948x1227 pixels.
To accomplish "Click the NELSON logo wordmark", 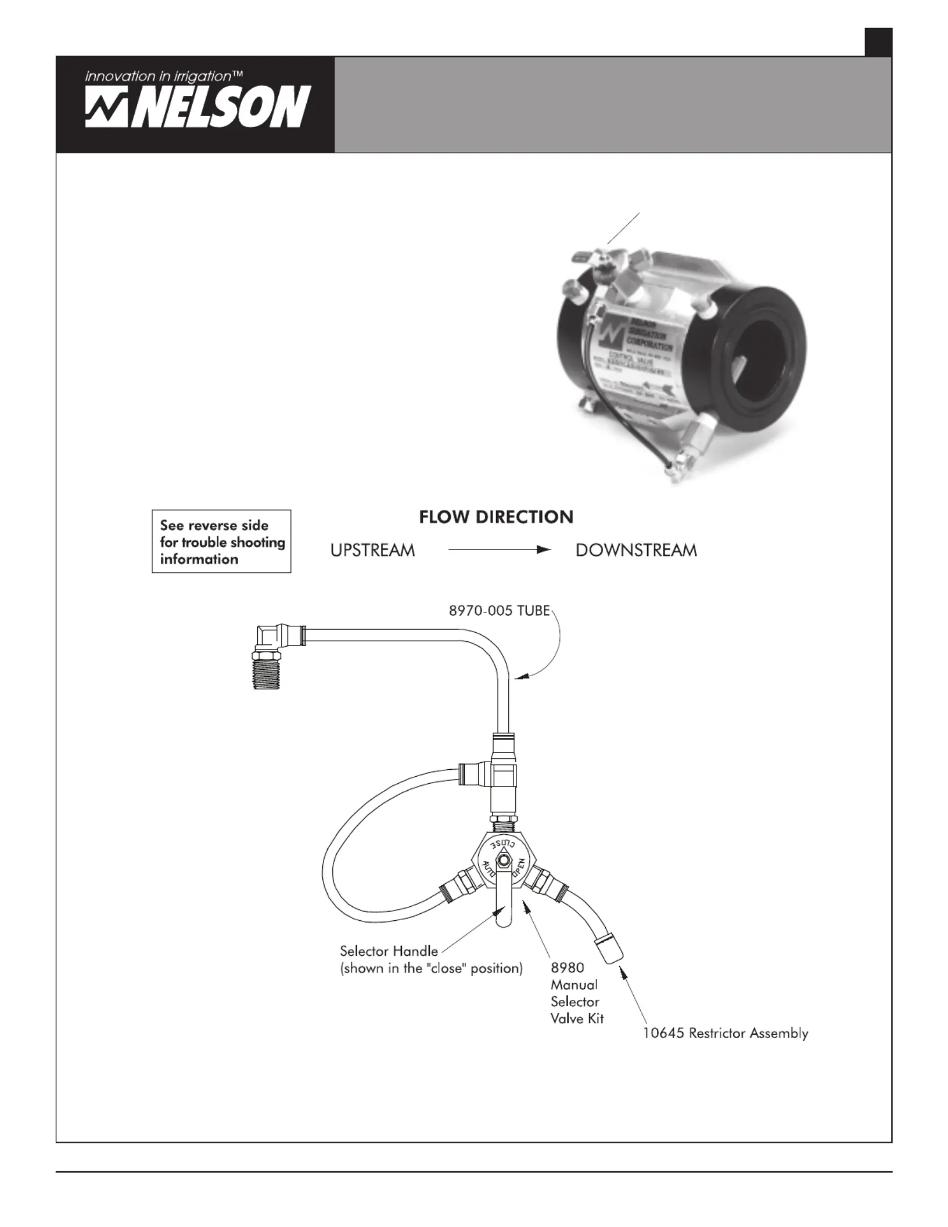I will (x=198, y=107).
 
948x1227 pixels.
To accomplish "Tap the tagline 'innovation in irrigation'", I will (x=163, y=76).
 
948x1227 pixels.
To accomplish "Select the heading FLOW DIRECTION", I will (x=496, y=517).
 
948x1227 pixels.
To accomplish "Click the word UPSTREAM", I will (x=372, y=550).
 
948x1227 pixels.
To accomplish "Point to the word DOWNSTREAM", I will (x=636, y=550).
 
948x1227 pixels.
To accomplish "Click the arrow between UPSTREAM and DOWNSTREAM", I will (x=500, y=550).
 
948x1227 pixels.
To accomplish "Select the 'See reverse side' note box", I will (x=221, y=541).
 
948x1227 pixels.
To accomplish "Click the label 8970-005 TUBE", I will (x=499, y=611).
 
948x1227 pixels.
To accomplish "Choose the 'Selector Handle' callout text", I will (x=389, y=951).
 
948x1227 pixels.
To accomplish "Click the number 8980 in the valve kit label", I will (x=567, y=967).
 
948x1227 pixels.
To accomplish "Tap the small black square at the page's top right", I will (x=878, y=42).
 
